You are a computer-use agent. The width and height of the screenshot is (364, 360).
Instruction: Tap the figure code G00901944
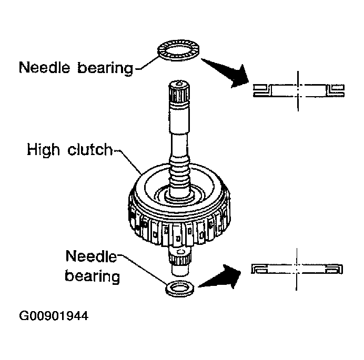(54, 316)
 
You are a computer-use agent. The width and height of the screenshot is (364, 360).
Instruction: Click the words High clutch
(69, 150)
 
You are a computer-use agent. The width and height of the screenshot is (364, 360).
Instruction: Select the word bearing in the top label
(105, 68)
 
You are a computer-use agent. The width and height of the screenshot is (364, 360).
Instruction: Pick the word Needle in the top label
(44, 67)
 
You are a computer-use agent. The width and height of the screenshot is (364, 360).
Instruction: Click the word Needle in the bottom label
(91, 256)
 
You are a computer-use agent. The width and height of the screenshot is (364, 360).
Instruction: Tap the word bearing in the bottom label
(93, 276)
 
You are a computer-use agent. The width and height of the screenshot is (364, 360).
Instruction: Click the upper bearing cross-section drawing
(299, 90)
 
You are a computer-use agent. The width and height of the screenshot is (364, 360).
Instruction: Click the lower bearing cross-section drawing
(297, 269)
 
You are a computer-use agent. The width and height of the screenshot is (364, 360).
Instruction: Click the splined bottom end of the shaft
(180, 260)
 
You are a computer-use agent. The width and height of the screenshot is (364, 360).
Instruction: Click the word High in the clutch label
(43, 150)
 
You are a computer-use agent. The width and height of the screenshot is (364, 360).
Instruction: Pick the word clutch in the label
(90, 149)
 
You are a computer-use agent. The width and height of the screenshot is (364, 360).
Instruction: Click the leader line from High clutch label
(128, 162)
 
